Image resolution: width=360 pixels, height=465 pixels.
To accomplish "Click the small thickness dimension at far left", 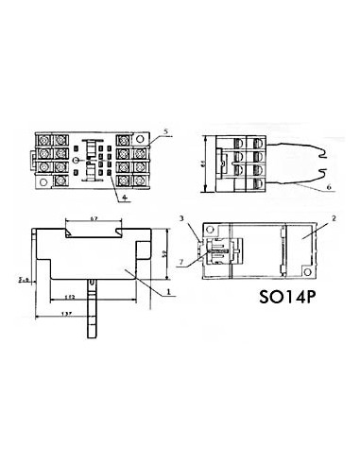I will [24, 279].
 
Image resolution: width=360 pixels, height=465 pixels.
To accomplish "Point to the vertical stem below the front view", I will [94, 312].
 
